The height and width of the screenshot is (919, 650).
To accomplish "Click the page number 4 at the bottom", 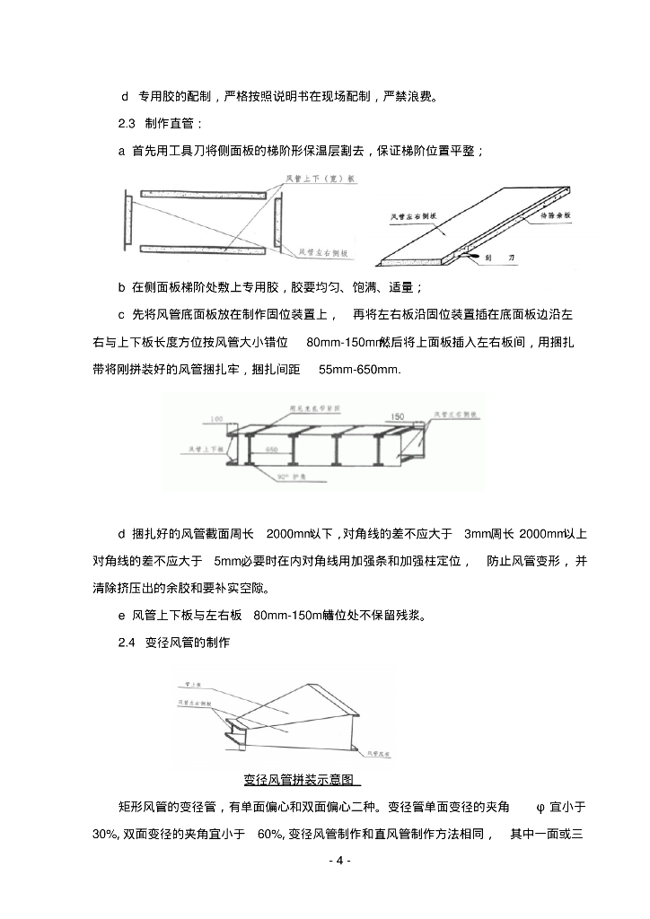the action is pos(338,860).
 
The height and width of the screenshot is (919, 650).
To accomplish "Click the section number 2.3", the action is pos(127,123).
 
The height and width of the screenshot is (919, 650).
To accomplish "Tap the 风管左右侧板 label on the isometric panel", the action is pos(414,216).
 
